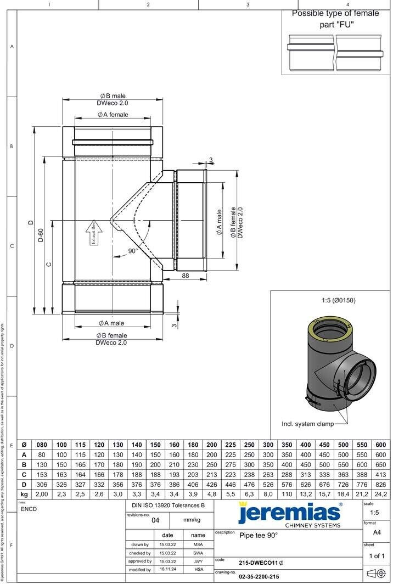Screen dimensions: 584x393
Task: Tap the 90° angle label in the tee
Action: [133, 251]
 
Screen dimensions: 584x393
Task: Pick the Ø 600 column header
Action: [380, 445]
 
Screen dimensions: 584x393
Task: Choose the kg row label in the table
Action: [24, 494]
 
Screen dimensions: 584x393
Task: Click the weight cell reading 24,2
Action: [380, 494]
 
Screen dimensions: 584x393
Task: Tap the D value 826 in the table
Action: [380, 484]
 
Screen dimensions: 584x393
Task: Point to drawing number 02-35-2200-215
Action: [259, 577]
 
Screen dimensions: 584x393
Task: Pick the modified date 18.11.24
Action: [167, 570]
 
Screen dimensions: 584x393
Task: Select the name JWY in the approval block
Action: [198, 561]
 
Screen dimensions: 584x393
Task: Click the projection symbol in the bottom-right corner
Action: [374, 574]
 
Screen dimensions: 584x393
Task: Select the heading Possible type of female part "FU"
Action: [335, 19]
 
